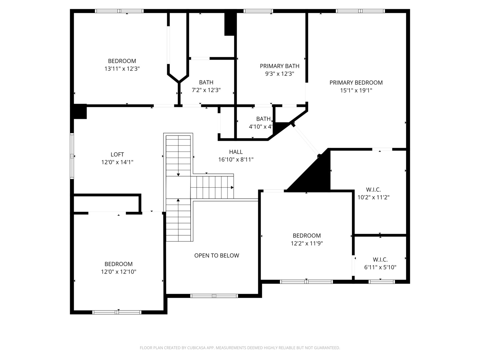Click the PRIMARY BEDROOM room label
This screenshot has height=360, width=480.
pos(356,83)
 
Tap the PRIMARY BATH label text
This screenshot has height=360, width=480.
pos(279,66)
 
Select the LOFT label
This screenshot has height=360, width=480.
pos(117,155)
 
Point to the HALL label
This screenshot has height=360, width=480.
pos(236,152)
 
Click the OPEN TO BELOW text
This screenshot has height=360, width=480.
pos(216,256)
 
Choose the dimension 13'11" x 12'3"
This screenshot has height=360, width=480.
pos(122,69)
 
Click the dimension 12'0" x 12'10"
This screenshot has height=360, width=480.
pos(119,272)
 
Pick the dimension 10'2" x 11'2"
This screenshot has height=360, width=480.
pos(373,197)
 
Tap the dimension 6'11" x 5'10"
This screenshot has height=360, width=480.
pos(380,267)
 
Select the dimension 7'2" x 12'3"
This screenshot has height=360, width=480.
pos(206,90)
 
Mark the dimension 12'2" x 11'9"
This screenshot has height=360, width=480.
pos(307,243)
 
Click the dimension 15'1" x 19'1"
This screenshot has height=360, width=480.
pos(356,90)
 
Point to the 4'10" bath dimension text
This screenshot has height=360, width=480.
pos(260,127)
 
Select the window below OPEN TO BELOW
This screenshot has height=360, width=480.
pos(214,296)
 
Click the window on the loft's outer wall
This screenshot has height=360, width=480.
pos(72,156)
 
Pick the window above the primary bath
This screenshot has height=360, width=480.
pos(258,11)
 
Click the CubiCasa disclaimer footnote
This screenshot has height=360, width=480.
pos(240,348)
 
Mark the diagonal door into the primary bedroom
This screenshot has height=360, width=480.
pos(306,140)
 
